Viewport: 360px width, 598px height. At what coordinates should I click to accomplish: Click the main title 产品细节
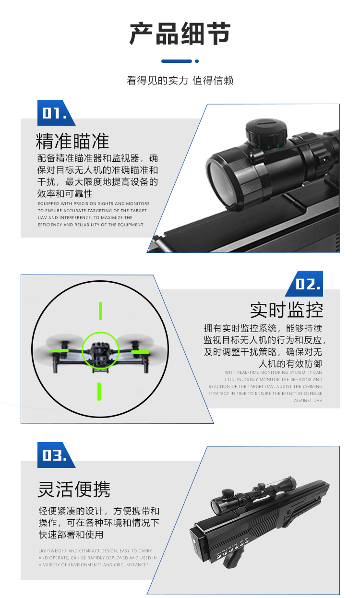[180, 34]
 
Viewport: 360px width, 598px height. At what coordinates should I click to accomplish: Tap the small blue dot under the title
[197, 61]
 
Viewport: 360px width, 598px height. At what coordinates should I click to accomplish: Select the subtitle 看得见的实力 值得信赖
[180, 80]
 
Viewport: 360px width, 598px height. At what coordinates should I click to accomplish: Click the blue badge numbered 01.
[56, 113]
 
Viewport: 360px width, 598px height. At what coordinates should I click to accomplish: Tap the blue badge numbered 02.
[304, 284]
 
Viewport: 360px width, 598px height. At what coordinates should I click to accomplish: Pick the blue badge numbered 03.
[56, 455]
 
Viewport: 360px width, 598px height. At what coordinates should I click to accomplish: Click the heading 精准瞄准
[72, 141]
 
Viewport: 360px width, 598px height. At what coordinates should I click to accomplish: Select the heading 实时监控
[286, 310]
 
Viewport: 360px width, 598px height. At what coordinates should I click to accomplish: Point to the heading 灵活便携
[74, 490]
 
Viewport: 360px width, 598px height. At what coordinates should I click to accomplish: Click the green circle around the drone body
[100, 350]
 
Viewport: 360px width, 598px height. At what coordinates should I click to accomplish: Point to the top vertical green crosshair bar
[100, 311]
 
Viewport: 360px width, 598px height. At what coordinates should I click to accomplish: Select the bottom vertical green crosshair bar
[99, 392]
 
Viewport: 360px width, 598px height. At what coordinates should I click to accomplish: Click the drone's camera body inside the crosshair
[100, 352]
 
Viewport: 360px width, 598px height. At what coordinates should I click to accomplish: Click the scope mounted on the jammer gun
[253, 494]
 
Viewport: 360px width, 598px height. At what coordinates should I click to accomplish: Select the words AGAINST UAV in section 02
[308, 400]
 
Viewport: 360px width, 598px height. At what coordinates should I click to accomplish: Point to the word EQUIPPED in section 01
[48, 203]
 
